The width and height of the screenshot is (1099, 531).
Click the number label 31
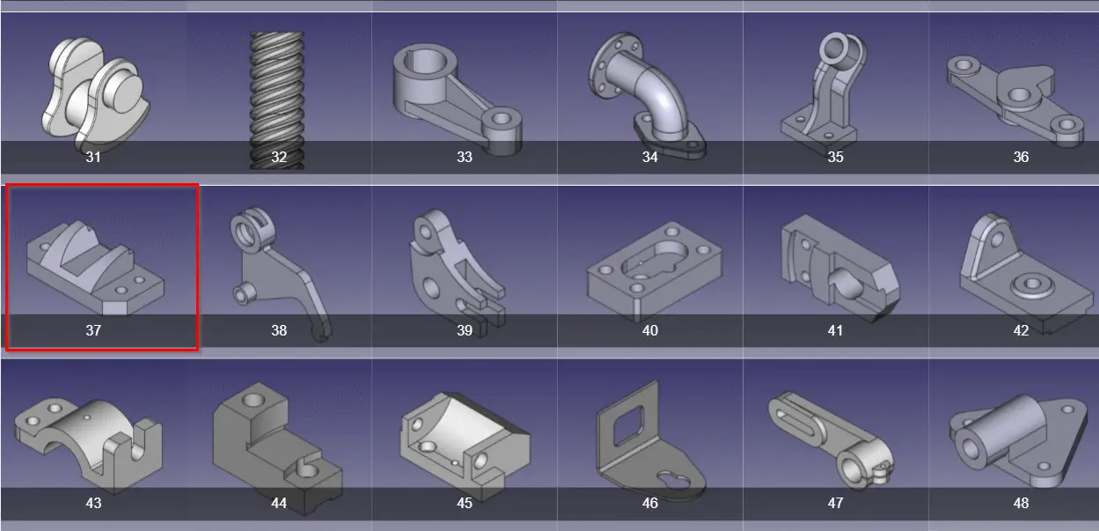coord(93,158)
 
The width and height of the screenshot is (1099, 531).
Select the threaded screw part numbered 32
coord(277,100)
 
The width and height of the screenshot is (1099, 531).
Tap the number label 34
coord(650,158)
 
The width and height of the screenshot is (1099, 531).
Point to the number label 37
coord(93,330)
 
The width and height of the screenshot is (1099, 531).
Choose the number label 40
coord(650,330)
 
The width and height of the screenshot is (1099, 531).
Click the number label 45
coord(465,503)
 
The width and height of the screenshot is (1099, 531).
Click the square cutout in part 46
coord(628,422)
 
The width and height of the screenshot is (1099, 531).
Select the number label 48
coord(1021,503)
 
